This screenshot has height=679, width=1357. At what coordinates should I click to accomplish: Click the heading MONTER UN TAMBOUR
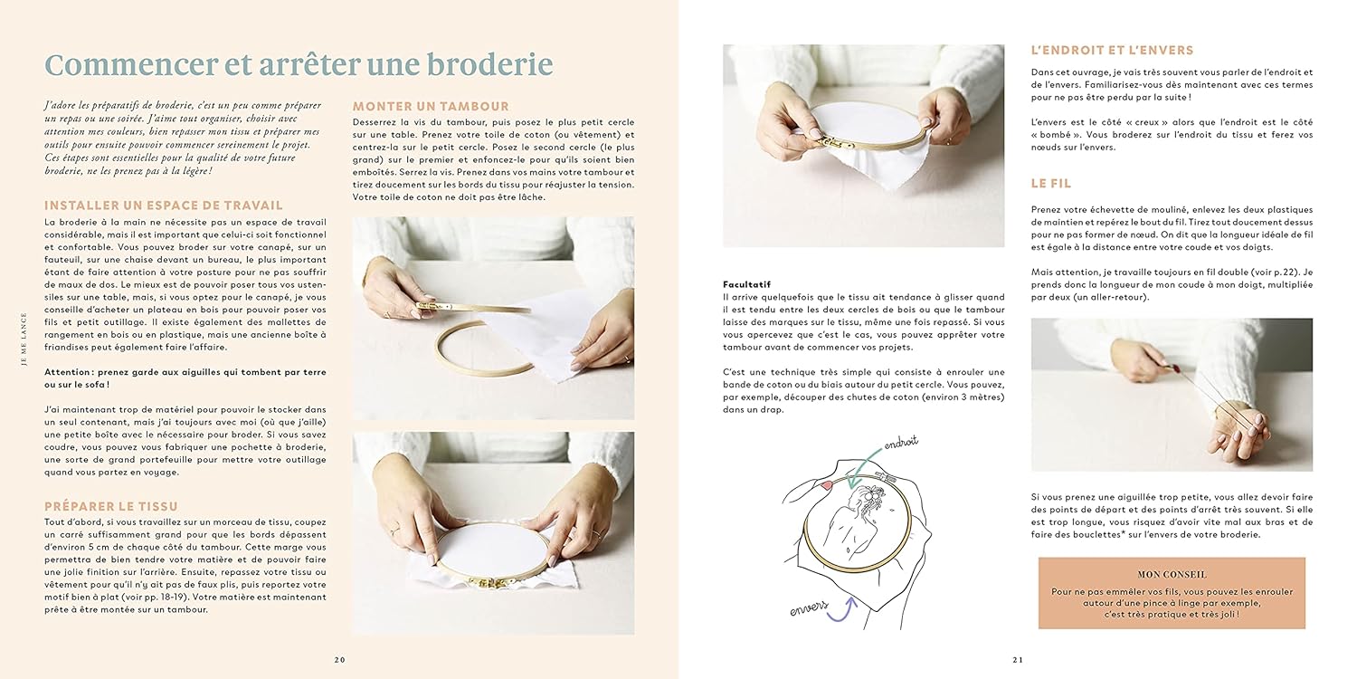(431, 106)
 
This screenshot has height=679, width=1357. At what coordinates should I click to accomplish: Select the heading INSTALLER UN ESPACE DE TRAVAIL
(164, 206)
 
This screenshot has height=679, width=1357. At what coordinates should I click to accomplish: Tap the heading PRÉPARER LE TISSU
(111, 506)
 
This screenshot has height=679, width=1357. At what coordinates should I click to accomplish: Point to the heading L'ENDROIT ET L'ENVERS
(1112, 51)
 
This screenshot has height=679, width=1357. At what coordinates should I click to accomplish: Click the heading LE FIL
(1051, 183)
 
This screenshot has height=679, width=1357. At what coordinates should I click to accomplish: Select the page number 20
(340, 660)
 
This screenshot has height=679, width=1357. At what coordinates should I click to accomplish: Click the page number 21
(1018, 660)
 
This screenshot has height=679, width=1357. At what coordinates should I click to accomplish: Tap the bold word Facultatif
(746, 284)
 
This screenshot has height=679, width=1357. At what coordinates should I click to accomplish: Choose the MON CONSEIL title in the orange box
(1172, 574)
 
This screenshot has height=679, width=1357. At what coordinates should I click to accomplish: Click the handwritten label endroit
(901, 443)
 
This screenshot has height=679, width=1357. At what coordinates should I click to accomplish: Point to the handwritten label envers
(809, 608)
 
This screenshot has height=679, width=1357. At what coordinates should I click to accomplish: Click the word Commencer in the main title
(131, 64)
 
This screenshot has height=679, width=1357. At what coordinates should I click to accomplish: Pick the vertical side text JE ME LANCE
(24, 339)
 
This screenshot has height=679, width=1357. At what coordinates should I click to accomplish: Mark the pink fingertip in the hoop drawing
(826, 483)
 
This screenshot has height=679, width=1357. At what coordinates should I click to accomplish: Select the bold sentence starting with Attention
(185, 378)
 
